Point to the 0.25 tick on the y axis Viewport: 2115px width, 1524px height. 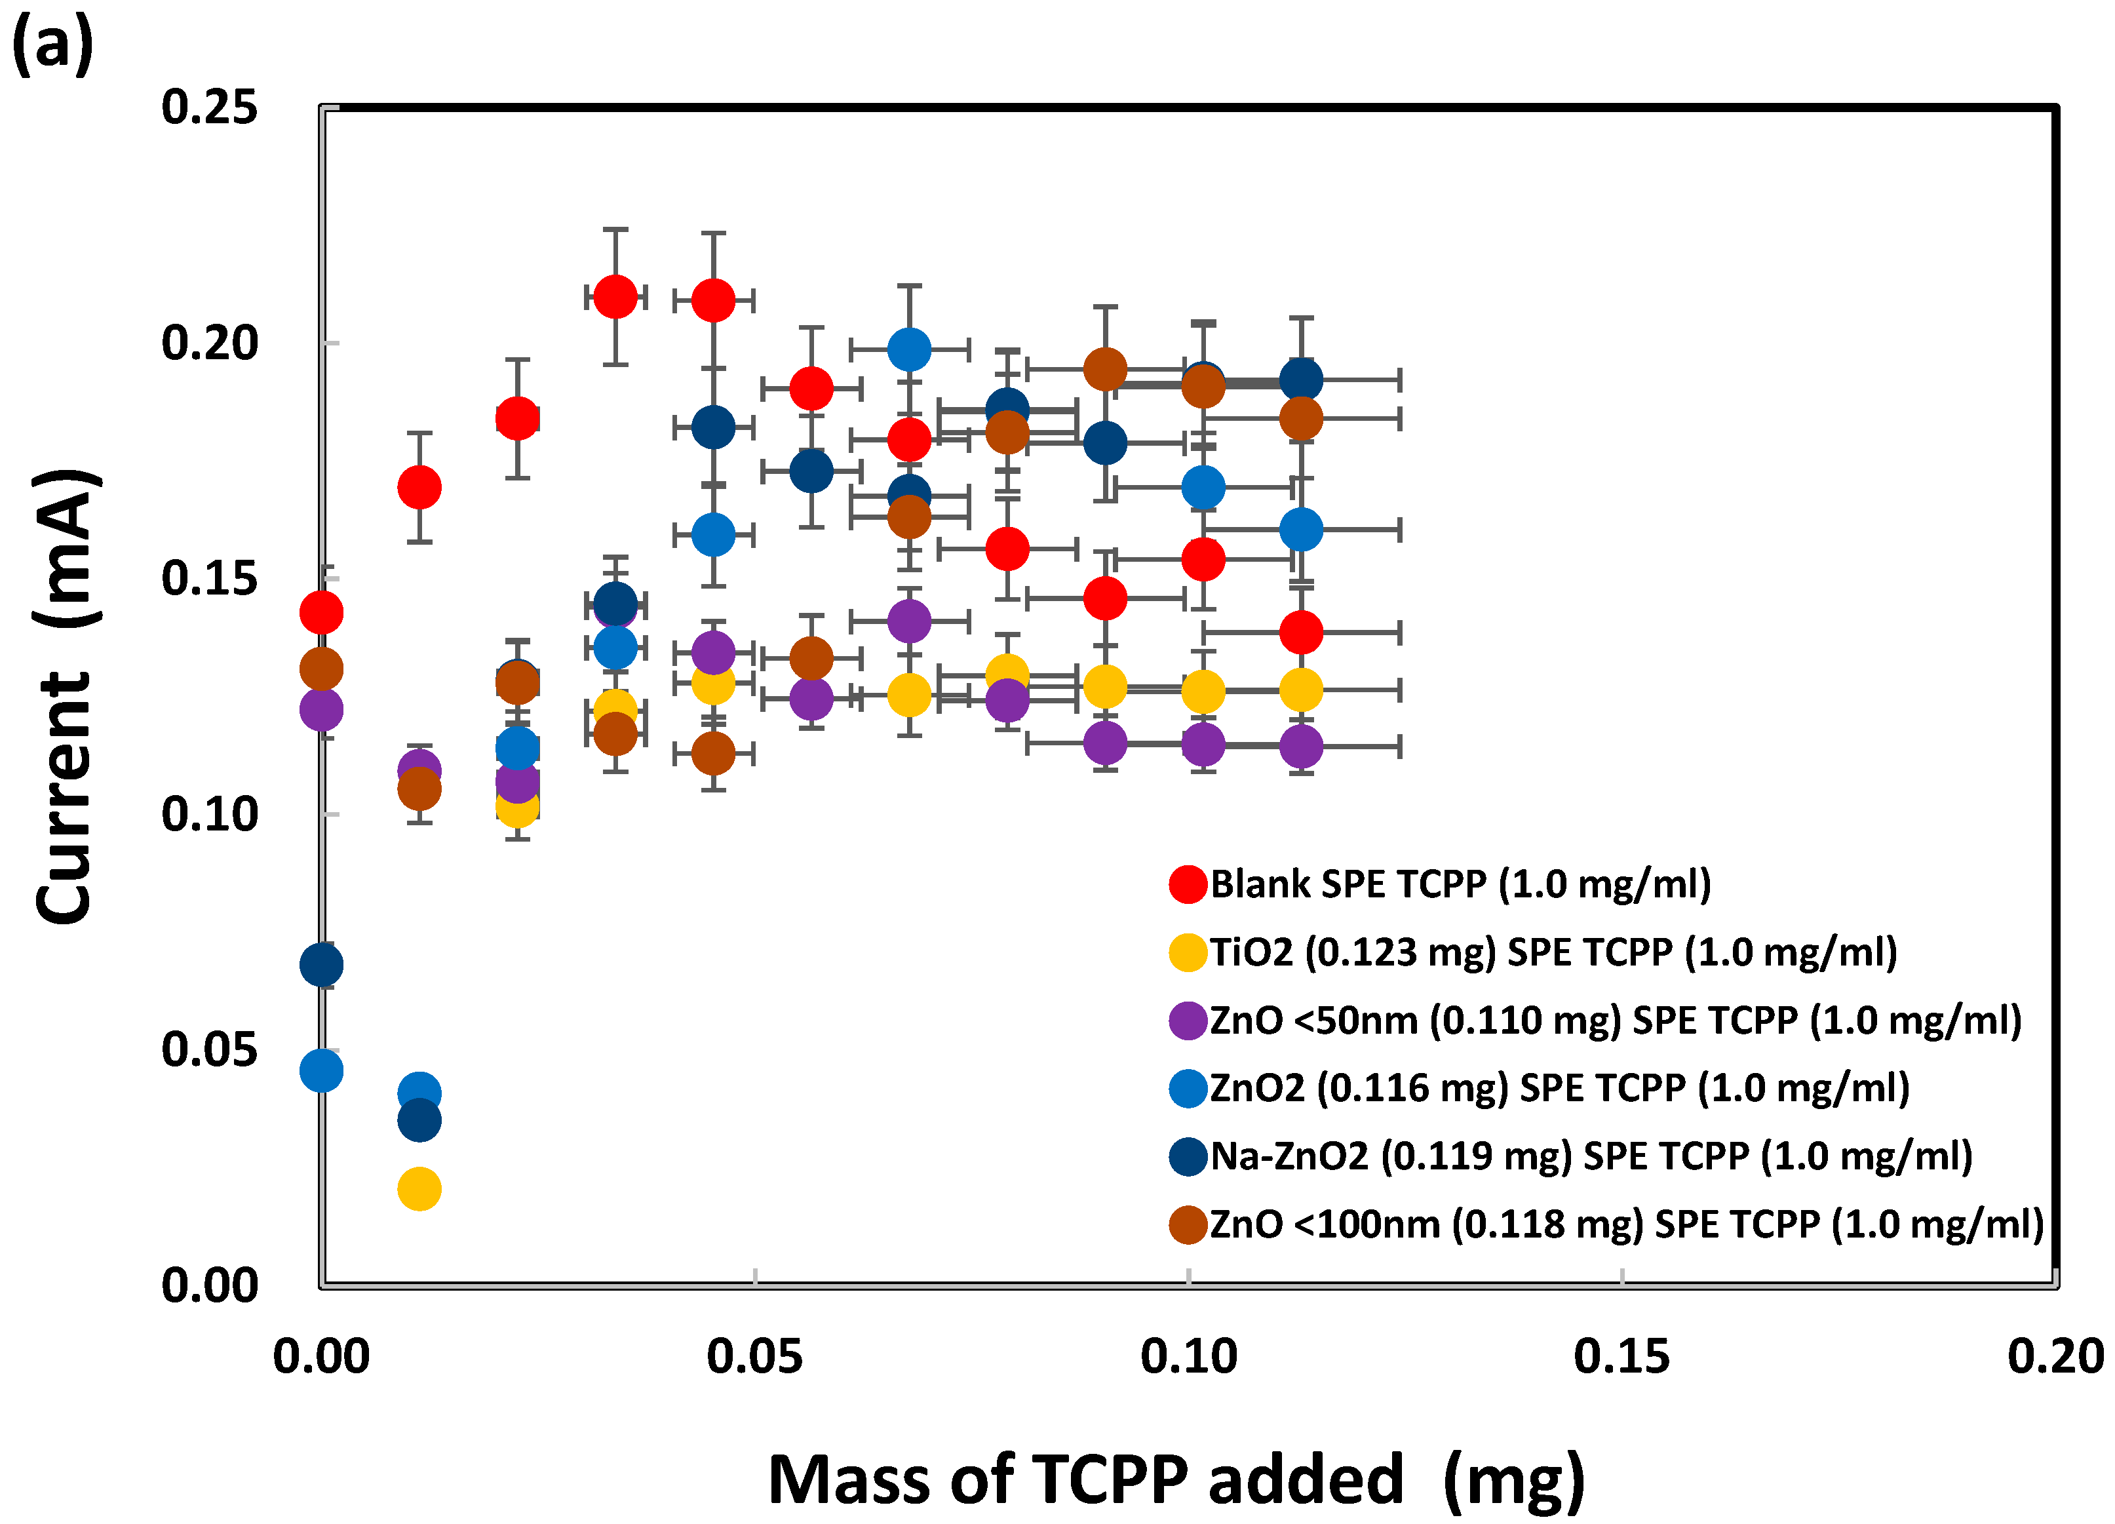(x=209, y=107)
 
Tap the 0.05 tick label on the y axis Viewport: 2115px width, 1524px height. (x=209, y=1049)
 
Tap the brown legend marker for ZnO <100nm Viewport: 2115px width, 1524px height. (x=1188, y=1224)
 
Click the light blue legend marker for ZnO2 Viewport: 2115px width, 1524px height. (x=1188, y=1087)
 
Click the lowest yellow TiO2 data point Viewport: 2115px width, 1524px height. (x=419, y=1188)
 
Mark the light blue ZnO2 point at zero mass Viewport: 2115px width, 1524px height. (x=320, y=1070)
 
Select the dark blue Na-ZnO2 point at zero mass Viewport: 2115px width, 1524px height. (x=320, y=964)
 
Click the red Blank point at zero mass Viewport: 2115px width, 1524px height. (x=320, y=612)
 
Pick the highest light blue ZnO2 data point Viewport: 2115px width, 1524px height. (x=909, y=349)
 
